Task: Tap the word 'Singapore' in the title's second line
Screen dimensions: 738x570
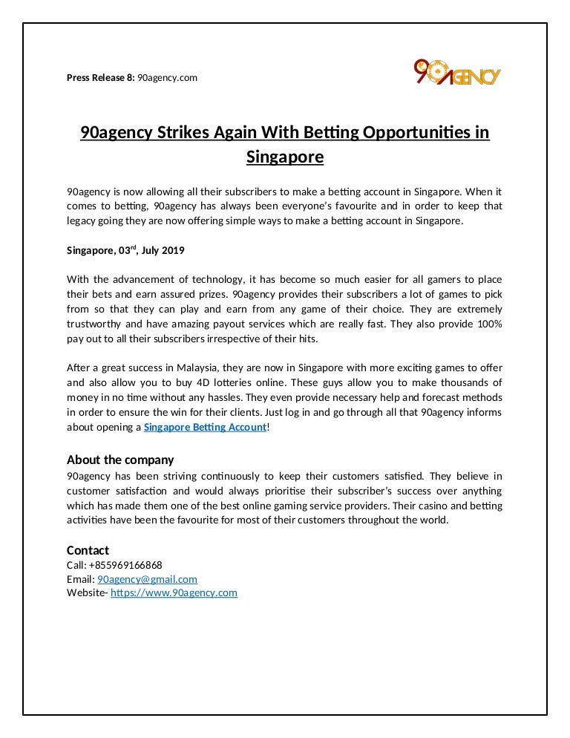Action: tap(285, 157)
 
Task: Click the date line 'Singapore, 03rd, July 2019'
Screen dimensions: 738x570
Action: tap(125, 251)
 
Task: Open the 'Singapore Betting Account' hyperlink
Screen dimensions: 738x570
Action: tap(204, 427)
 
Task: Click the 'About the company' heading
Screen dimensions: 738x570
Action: tap(120, 460)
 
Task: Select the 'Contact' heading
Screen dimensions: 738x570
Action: tap(88, 550)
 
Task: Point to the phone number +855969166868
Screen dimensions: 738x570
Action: tap(125, 564)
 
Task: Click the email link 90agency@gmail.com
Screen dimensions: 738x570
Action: tap(147, 578)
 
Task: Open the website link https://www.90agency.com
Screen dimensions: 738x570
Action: tap(174, 592)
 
